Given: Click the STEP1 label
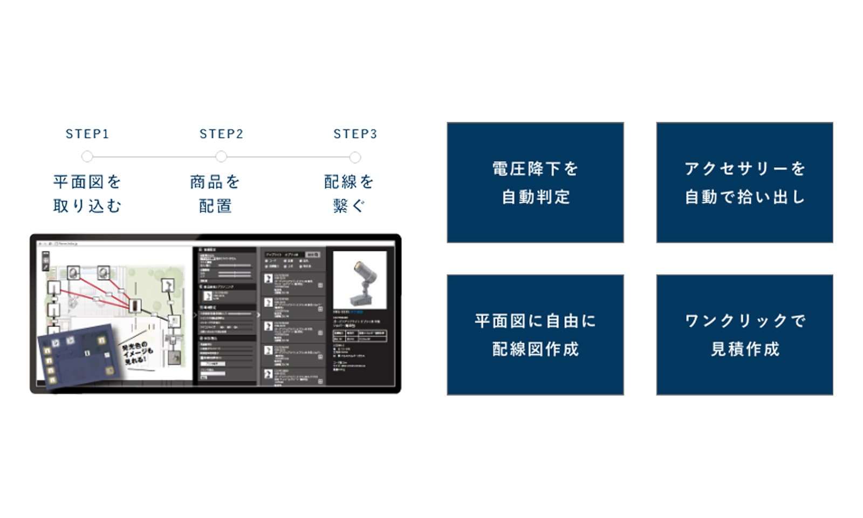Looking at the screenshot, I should [87, 134].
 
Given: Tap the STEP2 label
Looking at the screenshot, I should [221, 134].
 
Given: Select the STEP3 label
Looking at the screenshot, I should [355, 134].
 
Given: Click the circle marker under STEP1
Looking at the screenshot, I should [87, 157].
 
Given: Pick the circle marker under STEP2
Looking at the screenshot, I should [221, 157].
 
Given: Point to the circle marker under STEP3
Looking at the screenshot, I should [355, 158].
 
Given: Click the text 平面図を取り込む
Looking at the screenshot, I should [87, 194].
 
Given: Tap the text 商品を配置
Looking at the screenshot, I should [215, 194].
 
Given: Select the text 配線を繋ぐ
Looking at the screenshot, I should [349, 194].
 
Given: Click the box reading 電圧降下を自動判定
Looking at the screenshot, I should [535, 182].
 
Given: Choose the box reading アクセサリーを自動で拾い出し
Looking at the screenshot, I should [744, 182].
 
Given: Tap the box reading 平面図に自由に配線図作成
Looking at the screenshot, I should [535, 335].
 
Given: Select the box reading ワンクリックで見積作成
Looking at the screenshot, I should [744, 335].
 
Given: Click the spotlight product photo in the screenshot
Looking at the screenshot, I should [360, 280].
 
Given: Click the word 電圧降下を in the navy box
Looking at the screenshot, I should [535, 169].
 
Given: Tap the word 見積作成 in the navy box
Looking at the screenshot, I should [745, 349].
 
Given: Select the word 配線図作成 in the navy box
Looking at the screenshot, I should [535, 349].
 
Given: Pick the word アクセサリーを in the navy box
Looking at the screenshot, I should [745, 169].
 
